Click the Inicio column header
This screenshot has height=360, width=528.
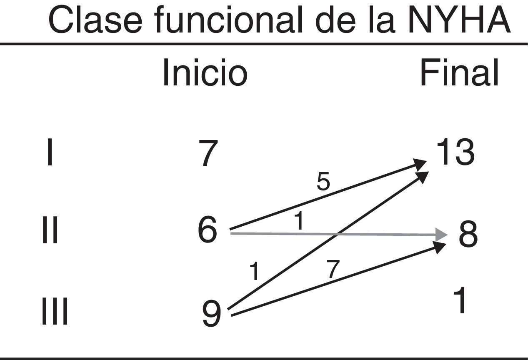[205, 73]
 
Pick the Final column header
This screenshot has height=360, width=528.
[459, 73]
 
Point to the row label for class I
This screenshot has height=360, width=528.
[50, 153]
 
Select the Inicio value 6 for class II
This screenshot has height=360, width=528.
[208, 232]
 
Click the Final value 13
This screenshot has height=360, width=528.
[455, 152]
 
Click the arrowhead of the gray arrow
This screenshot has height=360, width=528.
[441, 235]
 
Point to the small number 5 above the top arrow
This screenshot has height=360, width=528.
[323, 182]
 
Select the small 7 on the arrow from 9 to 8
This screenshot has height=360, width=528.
[333, 269]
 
